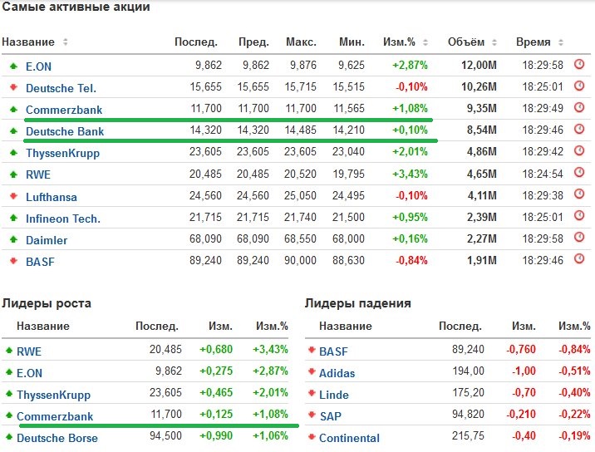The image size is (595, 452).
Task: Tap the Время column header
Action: click(x=533, y=42)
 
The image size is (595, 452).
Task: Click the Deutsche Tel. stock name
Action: click(x=61, y=88)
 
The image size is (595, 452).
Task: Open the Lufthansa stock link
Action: click(x=52, y=197)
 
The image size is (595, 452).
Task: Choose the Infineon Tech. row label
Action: click(x=63, y=219)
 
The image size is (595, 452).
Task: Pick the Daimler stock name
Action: click(x=47, y=240)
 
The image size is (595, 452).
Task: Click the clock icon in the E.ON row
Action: click(x=579, y=64)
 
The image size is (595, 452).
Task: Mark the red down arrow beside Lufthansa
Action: click(x=13, y=197)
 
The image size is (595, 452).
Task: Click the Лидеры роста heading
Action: click(x=47, y=303)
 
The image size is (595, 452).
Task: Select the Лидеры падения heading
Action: click(x=358, y=303)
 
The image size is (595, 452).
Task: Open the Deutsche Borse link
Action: click(x=57, y=438)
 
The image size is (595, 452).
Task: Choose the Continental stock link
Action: click(x=349, y=438)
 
